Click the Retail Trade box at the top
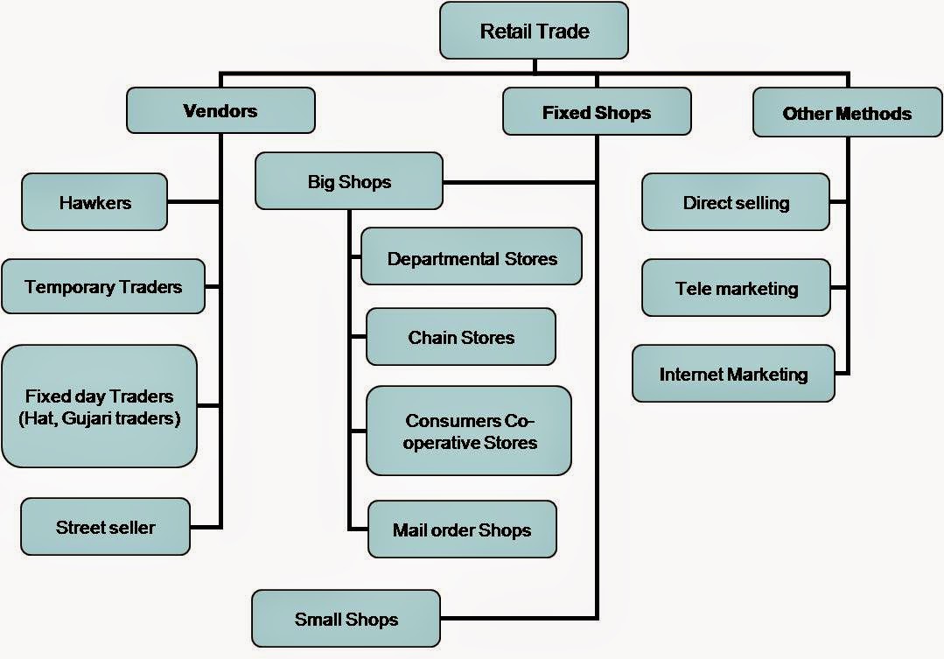[x=534, y=32]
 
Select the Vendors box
[x=220, y=110]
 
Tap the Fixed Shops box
[x=597, y=112]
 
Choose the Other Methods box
[x=847, y=113]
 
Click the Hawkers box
[x=94, y=202]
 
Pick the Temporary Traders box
[x=103, y=286]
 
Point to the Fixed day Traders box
[x=99, y=406]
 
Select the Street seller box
[x=105, y=527]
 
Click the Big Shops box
[x=349, y=181]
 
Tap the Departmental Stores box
[x=472, y=257]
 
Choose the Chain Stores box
[x=461, y=337]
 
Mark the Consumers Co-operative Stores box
[x=469, y=431]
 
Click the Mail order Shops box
[x=462, y=529]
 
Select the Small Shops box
[x=346, y=619]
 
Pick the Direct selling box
[x=736, y=202]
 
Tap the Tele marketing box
[x=736, y=288]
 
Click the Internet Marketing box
[x=733, y=374]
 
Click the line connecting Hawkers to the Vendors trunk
[x=193, y=202]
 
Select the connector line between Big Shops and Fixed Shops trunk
[x=520, y=182]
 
